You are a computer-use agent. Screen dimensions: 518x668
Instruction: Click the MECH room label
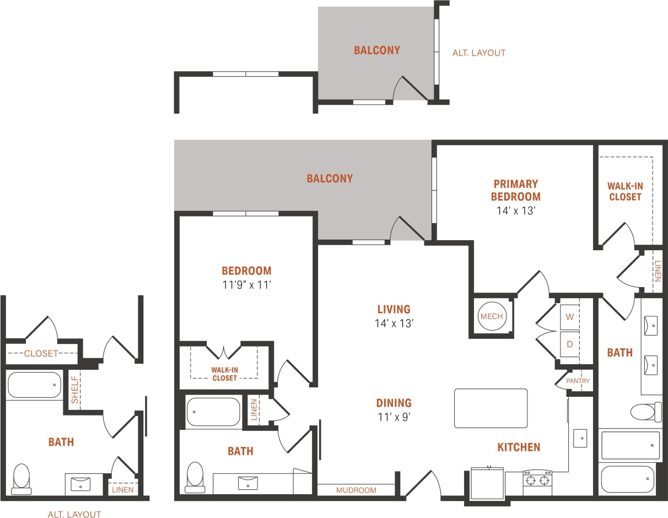click(492, 316)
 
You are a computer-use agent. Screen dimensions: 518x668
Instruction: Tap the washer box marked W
click(570, 317)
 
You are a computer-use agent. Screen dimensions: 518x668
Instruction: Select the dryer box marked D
click(570, 344)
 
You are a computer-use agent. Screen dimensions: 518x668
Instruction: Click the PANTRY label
click(578, 381)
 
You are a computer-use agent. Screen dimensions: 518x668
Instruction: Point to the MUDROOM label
click(356, 490)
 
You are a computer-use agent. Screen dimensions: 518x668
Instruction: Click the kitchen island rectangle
click(491, 408)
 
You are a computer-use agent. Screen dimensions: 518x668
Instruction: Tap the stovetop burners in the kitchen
click(537, 480)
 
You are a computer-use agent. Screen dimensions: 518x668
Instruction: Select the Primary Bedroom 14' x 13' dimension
click(515, 211)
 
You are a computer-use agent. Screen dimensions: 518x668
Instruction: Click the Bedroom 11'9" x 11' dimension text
click(246, 285)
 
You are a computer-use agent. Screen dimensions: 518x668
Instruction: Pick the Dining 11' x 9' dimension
click(394, 417)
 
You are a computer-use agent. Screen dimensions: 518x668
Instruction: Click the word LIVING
click(394, 309)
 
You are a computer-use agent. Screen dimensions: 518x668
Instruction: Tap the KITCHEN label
click(519, 447)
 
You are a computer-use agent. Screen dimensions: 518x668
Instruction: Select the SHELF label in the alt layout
click(74, 390)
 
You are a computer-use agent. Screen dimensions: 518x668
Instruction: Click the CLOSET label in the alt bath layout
click(41, 353)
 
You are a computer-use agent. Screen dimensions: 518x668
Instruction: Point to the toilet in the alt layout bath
click(21, 478)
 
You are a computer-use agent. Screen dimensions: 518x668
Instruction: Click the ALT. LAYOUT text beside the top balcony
click(478, 53)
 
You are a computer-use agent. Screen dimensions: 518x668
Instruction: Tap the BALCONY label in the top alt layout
click(377, 50)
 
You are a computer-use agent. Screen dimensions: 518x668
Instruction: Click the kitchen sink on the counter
click(580, 438)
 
